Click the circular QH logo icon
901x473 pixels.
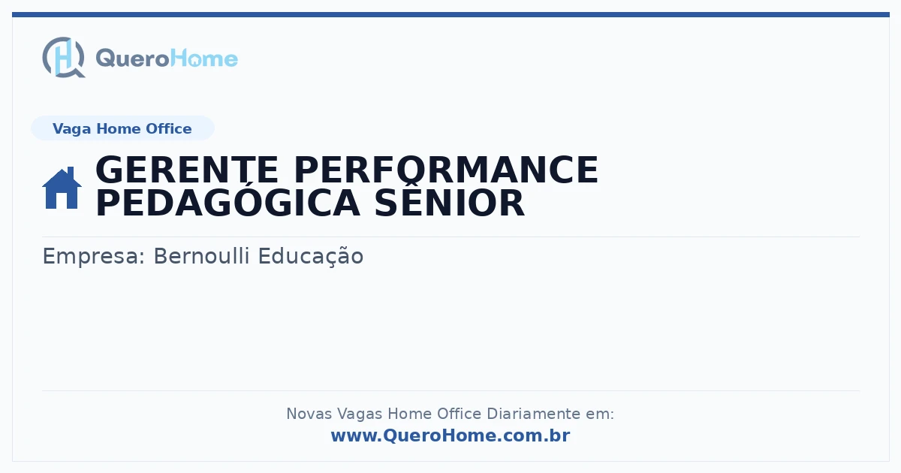pyautogui.click(x=64, y=57)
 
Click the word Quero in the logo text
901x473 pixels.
pyautogui.click(x=133, y=59)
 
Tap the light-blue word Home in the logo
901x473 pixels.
pyautogui.click(x=204, y=58)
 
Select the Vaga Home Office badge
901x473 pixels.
pyautogui.click(x=122, y=128)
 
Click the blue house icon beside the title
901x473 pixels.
pyautogui.click(x=62, y=188)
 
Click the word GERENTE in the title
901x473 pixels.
pyautogui.click(x=187, y=170)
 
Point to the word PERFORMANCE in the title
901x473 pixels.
pyautogui.click(x=447, y=170)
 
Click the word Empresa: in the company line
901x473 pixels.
pyautogui.click(x=94, y=257)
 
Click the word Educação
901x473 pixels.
pyautogui.click(x=311, y=256)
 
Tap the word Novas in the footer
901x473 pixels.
pyautogui.click(x=309, y=414)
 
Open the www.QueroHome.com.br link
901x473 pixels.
pyautogui.click(x=450, y=435)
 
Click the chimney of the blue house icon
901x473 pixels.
pyautogui.click(x=71, y=172)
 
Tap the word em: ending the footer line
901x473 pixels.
pyautogui.click(x=600, y=414)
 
